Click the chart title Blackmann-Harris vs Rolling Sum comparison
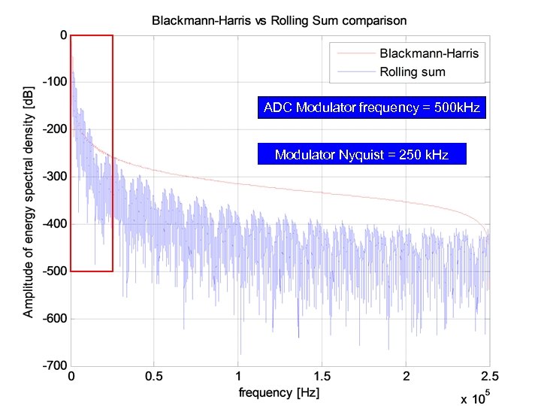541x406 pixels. tap(280, 20)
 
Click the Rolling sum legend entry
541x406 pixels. tap(413, 72)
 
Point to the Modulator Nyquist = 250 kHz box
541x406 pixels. tap(361, 155)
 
